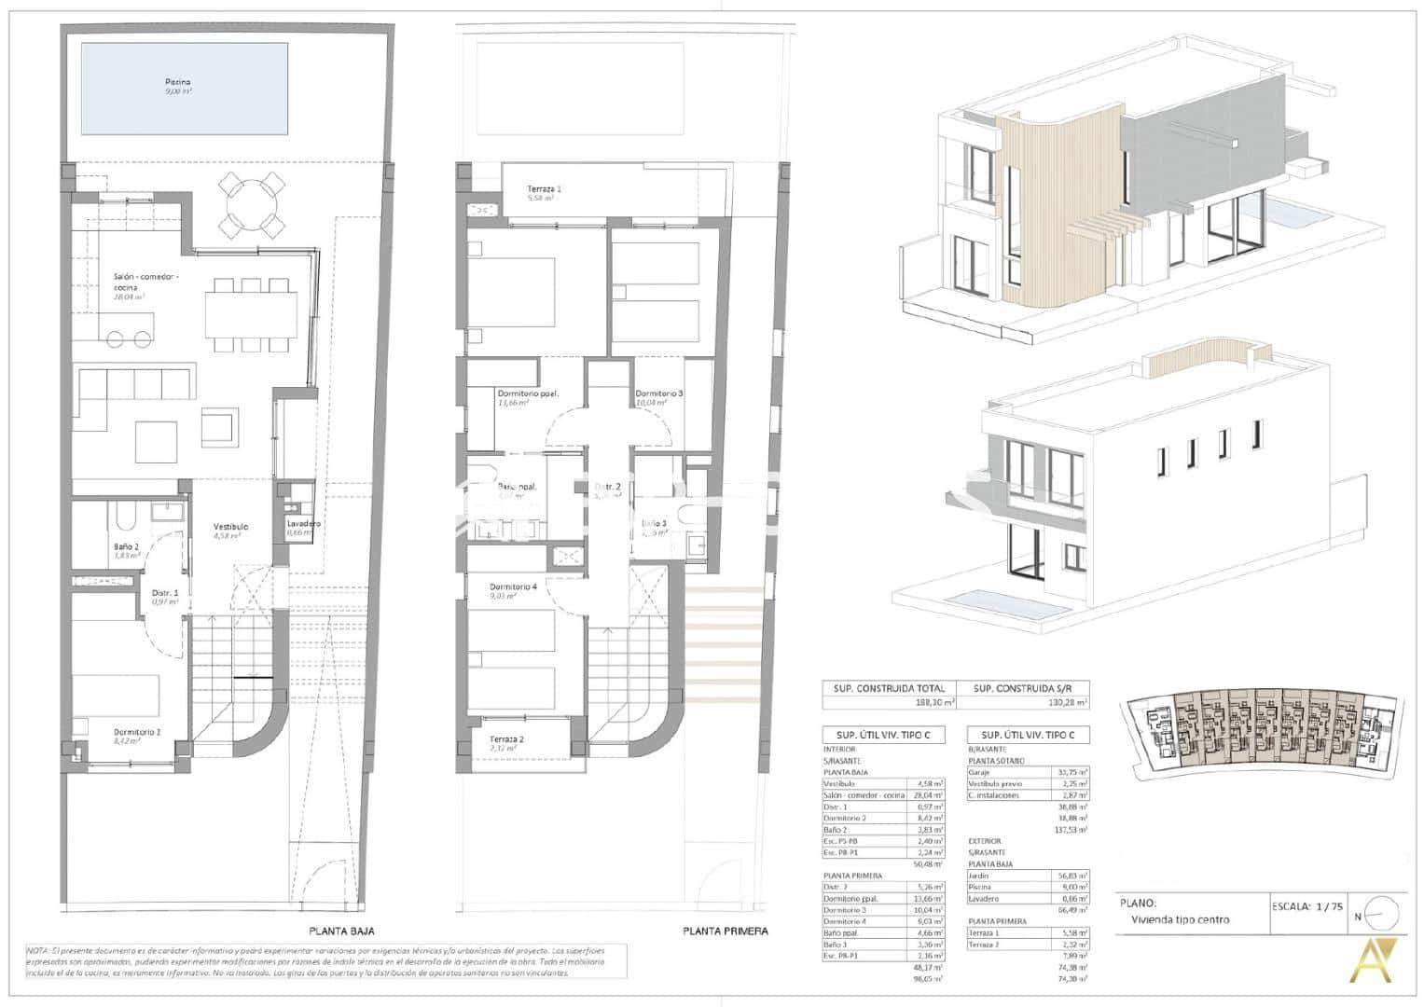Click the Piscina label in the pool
[x=178, y=82]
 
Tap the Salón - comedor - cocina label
[x=145, y=277]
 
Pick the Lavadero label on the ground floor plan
[x=303, y=524]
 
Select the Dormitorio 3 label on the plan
[x=658, y=393]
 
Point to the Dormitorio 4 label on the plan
[x=513, y=587]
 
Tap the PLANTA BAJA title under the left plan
[x=342, y=931]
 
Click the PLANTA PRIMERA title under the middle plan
[x=725, y=931]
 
